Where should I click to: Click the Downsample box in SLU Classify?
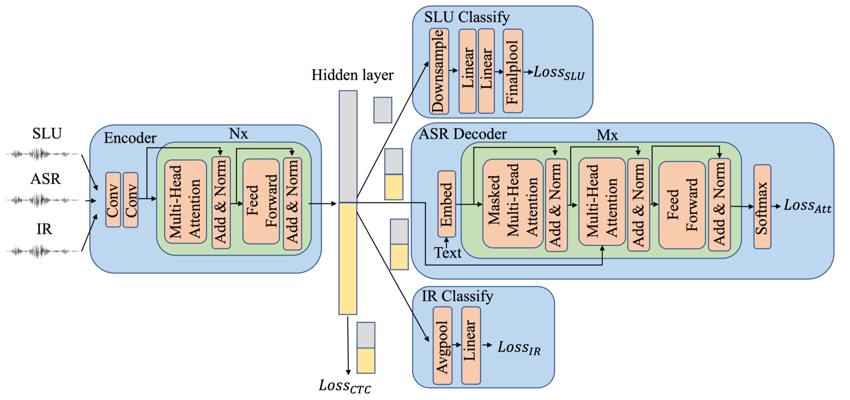click(x=439, y=71)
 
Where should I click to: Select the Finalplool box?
click(x=513, y=71)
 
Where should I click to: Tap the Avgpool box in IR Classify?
click(x=442, y=346)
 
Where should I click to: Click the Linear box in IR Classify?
click(x=471, y=345)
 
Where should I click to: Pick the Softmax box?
click(x=762, y=207)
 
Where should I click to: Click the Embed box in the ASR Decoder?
click(x=446, y=204)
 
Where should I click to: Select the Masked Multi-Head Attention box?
click(x=513, y=204)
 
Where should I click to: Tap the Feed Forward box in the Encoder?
click(x=261, y=202)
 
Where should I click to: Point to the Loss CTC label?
click(x=345, y=386)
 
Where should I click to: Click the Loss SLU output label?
click(x=559, y=73)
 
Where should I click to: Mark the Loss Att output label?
click(x=807, y=206)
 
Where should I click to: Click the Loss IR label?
click(x=519, y=348)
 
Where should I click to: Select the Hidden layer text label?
click(x=352, y=75)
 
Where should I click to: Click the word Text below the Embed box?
click(x=447, y=253)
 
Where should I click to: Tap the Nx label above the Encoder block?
click(x=238, y=134)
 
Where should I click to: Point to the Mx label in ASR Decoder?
click(x=607, y=135)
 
